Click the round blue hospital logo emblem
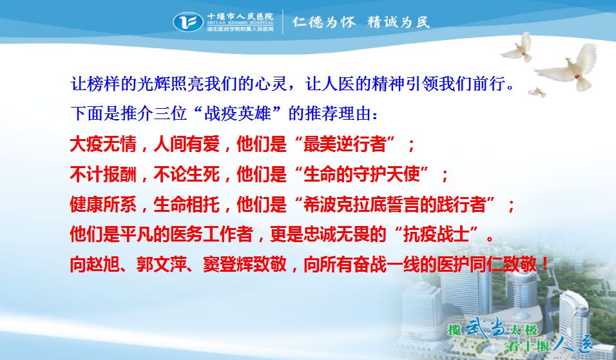pyautogui.click(x=188, y=22)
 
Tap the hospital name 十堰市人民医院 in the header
pyautogui.click(x=240, y=17)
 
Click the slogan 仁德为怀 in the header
pyautogui.click(x=323, y=22)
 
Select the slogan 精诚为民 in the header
pyautogui.click(x=398, y=22)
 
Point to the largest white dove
pyautogui.click(x=569, y=67)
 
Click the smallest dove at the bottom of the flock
pyautogui.click(x=537, y=92)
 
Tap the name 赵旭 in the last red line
pyautogui.click(x=102, y=265)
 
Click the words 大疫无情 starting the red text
pyautogui.click(x=103, y=144)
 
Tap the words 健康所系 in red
pyautogui.click(x=103, y=205)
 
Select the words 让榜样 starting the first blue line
pyautogui.click(x=95, y=84)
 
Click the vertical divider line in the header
pyautogui.click(x=283, y=22)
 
